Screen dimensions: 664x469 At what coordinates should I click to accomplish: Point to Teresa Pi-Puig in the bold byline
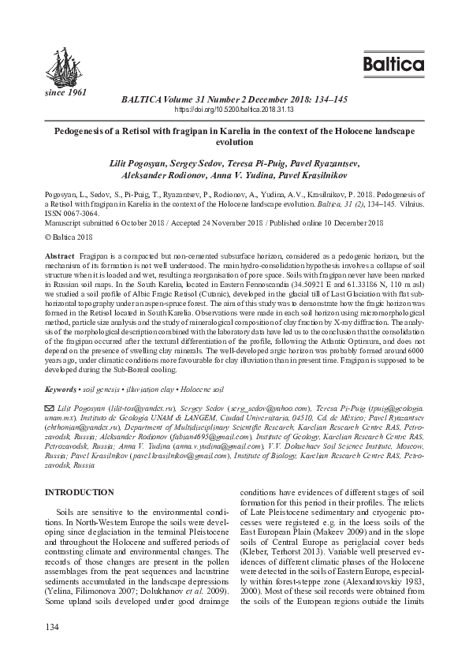click(x=279, y=162)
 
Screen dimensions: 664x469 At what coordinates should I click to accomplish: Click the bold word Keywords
click(x=61, y=390)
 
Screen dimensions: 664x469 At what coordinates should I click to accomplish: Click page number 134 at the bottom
click(x=52, y=628)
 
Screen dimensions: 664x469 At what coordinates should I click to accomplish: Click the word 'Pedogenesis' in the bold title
click(x=82, y=132)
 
